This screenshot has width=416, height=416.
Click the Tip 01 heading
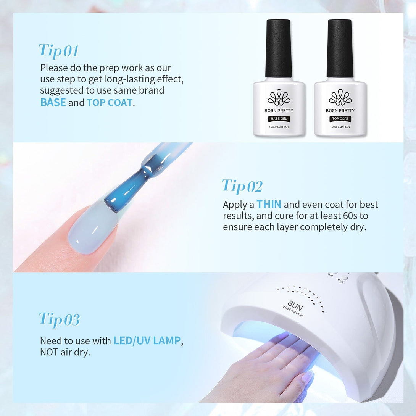coord(59,51)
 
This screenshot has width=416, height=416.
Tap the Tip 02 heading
coord(242,186)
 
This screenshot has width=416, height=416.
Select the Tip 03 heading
coord(59,319)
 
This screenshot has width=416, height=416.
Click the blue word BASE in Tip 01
coord(53,102)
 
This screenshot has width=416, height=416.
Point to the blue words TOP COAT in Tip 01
coord(109,102)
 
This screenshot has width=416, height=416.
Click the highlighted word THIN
coord(269,204)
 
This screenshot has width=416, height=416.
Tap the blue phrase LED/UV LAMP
coord(147,341)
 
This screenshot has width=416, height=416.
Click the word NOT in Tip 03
coord(49,352)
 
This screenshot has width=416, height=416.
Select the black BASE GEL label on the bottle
coord(279,119)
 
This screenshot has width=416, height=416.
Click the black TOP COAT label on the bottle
coord(340,119)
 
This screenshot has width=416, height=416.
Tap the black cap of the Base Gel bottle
coord(279,48)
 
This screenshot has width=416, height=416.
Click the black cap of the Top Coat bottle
coord(340,48)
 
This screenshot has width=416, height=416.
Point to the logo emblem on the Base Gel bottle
coord(279,97)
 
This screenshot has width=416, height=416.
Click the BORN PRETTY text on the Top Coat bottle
coord(340,110)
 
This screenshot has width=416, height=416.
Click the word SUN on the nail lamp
coord(295,306)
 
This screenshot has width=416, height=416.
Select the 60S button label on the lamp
coord(340,281)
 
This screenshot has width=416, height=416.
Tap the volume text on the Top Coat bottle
coord(340,127)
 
